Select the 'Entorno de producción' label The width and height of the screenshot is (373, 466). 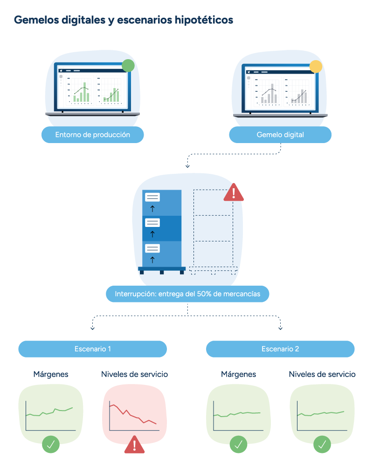tap(92, 135)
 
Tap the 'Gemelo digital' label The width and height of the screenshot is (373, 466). tap(280, 135)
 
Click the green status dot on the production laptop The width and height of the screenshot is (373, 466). tap(128, 66)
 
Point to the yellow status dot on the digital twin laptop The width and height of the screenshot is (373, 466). tap(316, 67)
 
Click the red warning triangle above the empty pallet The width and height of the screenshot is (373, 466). tap(234, 192)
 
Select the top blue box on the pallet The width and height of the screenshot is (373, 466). tap(161, 202)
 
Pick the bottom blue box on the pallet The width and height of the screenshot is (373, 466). tap(161, 254)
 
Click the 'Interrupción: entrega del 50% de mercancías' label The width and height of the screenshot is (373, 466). tap(187, 294)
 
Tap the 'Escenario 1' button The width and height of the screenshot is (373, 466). tap(92, 349)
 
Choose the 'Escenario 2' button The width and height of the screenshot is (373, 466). tap(280, 349)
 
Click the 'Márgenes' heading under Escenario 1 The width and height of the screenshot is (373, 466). tap(51, 374)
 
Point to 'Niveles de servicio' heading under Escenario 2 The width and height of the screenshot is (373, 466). tap(322, 374)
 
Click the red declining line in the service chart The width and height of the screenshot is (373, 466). tap(133, 415)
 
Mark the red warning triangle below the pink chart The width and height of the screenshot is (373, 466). tap(135, 445)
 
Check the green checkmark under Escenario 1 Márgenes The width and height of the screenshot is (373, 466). tap(51, 444)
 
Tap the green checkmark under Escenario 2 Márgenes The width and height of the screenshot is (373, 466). tap(238, 444)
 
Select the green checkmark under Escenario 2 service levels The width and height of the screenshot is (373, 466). tap(322, 444)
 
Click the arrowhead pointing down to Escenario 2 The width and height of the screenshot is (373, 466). tap(281, 328)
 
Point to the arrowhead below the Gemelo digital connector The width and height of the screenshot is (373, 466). tap(187, 165)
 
